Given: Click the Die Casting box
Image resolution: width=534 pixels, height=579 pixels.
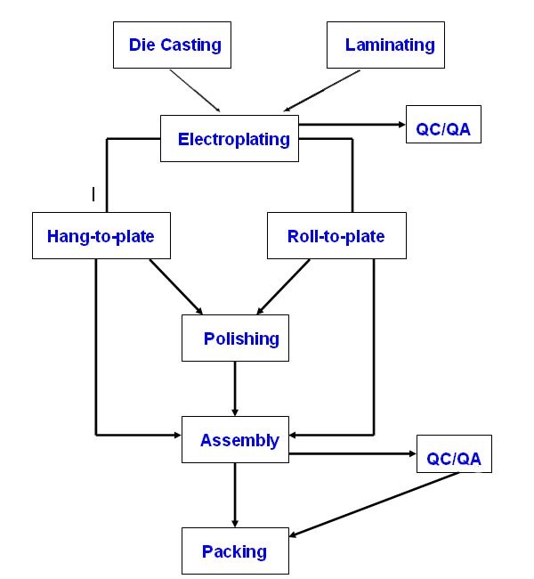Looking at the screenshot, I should (x=172, y=45).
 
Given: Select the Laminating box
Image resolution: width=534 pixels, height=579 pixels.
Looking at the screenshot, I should (x=384, y=45).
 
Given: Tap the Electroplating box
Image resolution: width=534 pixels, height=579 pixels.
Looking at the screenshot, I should (x=230, y=138).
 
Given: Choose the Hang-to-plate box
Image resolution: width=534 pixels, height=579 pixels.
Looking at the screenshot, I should (x=101, y=236).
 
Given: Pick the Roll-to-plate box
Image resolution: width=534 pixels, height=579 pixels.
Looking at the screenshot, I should (x=336, y=236).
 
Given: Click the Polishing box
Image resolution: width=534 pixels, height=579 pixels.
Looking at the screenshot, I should (x=235, y=338).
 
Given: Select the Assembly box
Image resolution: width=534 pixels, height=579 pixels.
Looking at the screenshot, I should (x=235, y=440).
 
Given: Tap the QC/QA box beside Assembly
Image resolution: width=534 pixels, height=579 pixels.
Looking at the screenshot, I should (x=454, y=459).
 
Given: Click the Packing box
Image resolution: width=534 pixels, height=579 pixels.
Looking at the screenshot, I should (x=235, y=551).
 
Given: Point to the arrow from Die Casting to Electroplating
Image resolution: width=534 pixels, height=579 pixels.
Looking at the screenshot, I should (x=196, y=91).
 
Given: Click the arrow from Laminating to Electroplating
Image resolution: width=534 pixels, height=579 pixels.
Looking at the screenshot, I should (x=322, y=91).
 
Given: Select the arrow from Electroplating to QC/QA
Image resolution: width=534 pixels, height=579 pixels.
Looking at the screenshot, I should (x=352, y=125).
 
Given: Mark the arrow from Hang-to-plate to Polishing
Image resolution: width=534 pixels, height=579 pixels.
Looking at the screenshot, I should (x=175, y=286).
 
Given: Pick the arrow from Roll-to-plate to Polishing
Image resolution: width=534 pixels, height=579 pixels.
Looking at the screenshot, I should (x=286, y=286).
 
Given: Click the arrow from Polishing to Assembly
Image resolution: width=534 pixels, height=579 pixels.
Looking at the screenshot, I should (x=235, y=388).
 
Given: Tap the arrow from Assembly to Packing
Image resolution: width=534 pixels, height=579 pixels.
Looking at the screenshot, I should (x=235, y=494).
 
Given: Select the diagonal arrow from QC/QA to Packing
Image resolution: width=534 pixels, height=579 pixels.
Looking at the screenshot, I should (x=374, y=504).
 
